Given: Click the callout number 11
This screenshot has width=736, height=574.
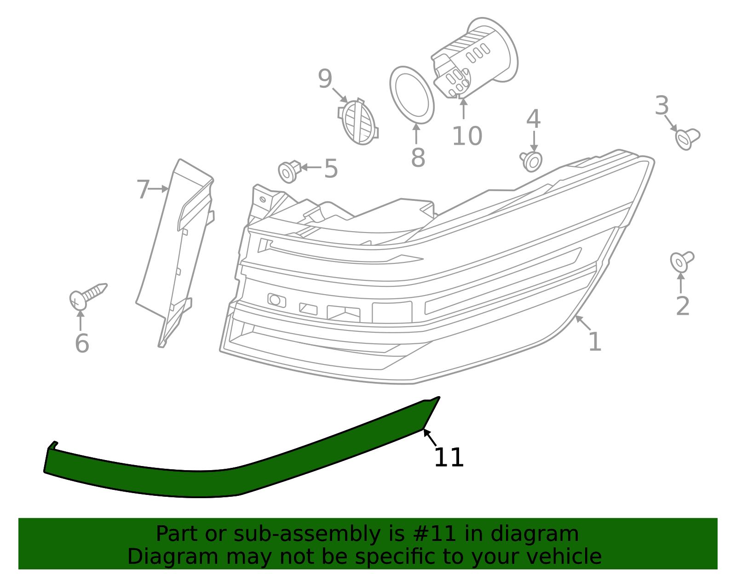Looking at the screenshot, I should point(448,458).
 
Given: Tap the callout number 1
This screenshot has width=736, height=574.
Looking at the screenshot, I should point(594,342).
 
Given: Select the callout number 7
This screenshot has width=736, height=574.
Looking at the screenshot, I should point(143,189).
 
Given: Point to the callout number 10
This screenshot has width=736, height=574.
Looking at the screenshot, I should point(467,136).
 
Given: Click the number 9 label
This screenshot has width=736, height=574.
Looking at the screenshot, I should point(325,79).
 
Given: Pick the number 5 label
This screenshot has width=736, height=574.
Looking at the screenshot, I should point(331,169).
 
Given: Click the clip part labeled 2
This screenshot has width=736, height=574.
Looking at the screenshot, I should point(681,261).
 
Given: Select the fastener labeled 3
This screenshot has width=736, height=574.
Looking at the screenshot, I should point(687,138).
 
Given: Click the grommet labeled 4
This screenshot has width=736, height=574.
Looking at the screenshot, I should point(532,161).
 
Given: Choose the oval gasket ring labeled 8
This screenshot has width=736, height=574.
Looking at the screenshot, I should point(412,95).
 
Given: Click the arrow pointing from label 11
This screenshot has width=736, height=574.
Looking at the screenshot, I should point(430,438).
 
